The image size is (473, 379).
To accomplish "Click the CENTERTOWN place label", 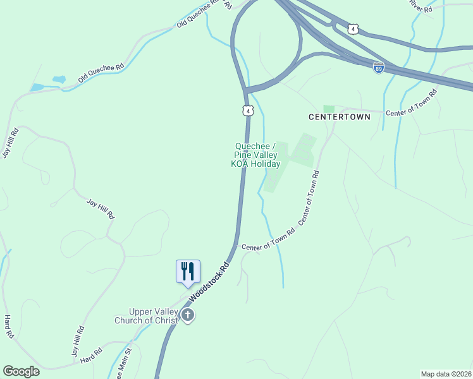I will pos(334,117).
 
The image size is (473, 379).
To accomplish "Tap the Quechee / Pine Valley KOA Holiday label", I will pos(255,155).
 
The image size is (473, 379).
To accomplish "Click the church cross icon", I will pos(188,315).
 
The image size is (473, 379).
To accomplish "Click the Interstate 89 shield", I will pos(378,68).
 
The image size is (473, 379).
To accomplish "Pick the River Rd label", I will pos(420,7).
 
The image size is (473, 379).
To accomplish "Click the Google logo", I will pos(21,371).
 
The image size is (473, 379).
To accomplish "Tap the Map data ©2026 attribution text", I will pos(445,373).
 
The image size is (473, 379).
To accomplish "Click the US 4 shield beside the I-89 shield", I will pos(353,28).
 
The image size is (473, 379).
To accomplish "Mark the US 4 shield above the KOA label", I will pos(248,111).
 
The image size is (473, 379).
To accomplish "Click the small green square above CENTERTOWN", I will pos(328,109).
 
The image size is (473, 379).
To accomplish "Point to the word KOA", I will pos(240,164).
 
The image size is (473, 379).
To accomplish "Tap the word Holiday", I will pos(266,164).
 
